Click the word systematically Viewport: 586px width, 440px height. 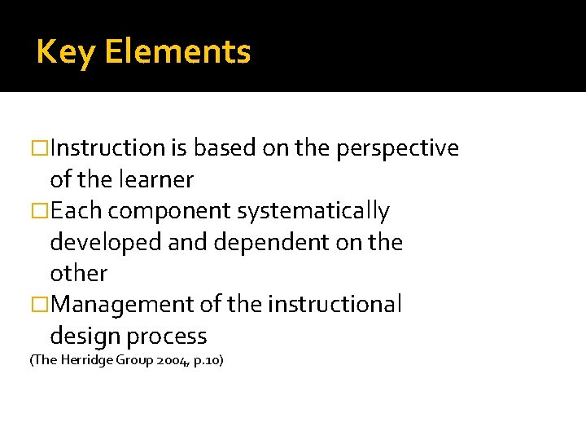point(313,211)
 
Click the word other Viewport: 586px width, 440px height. point(78,273)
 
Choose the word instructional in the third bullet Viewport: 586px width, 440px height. point(335,305)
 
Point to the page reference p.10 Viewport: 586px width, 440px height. point(208,359)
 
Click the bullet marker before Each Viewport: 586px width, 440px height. point(40,211)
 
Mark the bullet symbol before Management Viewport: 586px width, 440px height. point(40,305)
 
